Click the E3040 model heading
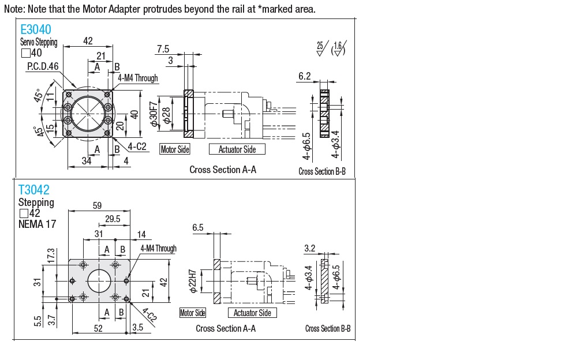click(36, 29)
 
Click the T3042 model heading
click(34, 190)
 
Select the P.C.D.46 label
click(43, 66)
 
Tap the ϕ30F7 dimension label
click(154, 114)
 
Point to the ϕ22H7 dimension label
click(193, 281)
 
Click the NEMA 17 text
click(37, 224)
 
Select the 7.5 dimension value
click(163, 49)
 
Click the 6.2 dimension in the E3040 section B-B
click(305, 76)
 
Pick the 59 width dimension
click(97, 205)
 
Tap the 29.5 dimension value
click(113, 219)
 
